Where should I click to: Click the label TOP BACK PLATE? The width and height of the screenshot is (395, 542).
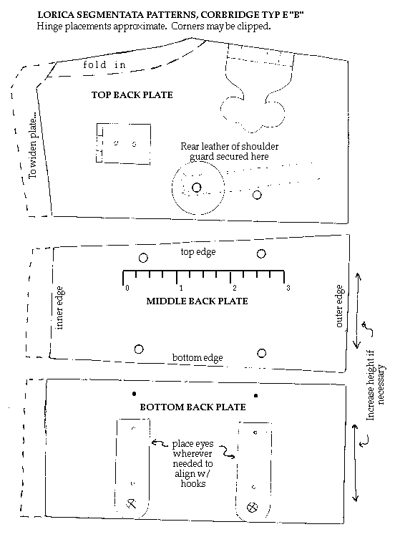tap(132, 95)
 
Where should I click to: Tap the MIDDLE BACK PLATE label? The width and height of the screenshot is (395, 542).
tap(197, 301)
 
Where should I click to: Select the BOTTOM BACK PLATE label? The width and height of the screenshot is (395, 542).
tap(192, 407)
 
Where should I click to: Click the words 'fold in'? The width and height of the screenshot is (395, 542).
tap(104, 64)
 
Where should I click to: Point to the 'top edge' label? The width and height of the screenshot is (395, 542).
tap(198, 252)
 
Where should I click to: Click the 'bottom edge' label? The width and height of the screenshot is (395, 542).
tap(197, 357)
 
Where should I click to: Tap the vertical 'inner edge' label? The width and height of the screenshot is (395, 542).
tap(59, 308)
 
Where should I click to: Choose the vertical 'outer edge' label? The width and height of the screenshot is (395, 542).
tap(339, 306)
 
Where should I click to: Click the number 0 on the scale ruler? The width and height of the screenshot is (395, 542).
tap(127, 288)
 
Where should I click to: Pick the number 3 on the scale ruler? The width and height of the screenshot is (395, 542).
tap(288, 288)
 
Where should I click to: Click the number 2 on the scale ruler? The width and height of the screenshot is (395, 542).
tap(235, 288)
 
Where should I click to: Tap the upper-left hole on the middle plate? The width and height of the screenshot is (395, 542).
tap(143, 258)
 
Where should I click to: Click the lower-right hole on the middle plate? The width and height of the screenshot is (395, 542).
tap(262, 353)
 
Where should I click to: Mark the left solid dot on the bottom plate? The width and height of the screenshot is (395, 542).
tap(134, 394)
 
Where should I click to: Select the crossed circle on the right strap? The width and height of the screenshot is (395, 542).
tap(253, 508)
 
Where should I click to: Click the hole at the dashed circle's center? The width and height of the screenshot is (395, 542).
tap(197, 188)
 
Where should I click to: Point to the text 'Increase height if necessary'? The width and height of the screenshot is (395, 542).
tap(375, 385)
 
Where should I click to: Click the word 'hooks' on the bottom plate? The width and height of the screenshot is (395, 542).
tap(193, 483)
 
